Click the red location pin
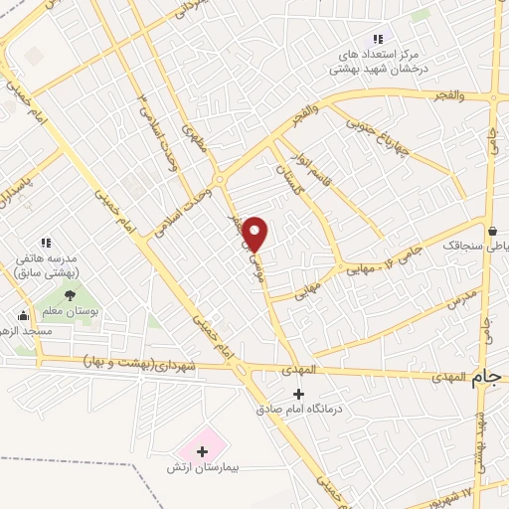pos(255,233)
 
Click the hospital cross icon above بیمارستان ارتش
pos(203,450)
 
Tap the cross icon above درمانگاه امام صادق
pos(298,394)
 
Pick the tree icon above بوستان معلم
pos(70,294)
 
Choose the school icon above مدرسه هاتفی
pos(45,243)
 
